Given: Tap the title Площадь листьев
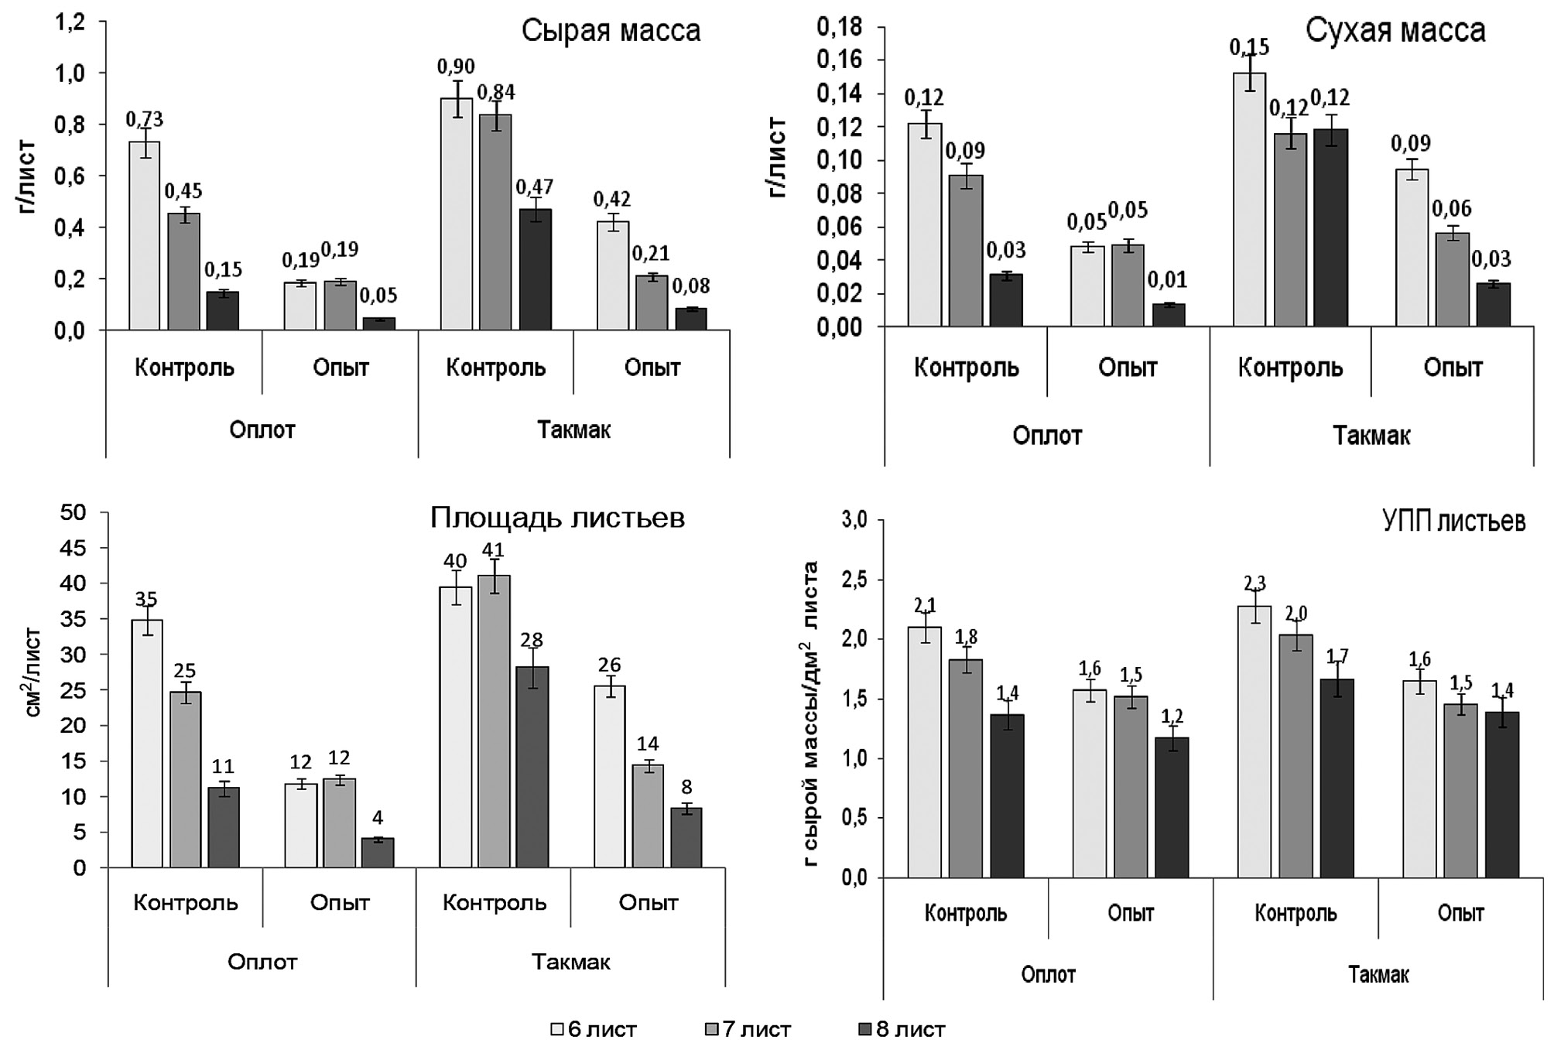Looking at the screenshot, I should point(557,518).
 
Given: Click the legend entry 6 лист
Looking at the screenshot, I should point(594,1030).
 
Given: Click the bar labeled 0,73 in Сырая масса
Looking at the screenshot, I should point(144,236).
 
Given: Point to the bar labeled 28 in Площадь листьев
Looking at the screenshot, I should point(532,767).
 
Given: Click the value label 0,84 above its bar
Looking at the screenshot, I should point(496,93).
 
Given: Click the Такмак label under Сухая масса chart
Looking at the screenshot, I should point(1371,436).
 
